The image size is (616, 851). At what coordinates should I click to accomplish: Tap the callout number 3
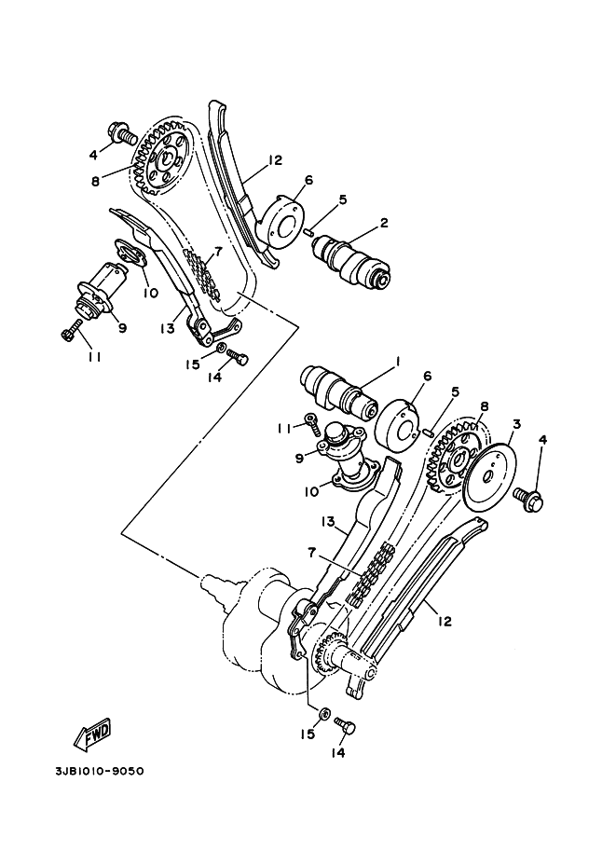pos(516,425)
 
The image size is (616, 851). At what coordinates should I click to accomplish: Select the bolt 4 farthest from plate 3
pos(120,134)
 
